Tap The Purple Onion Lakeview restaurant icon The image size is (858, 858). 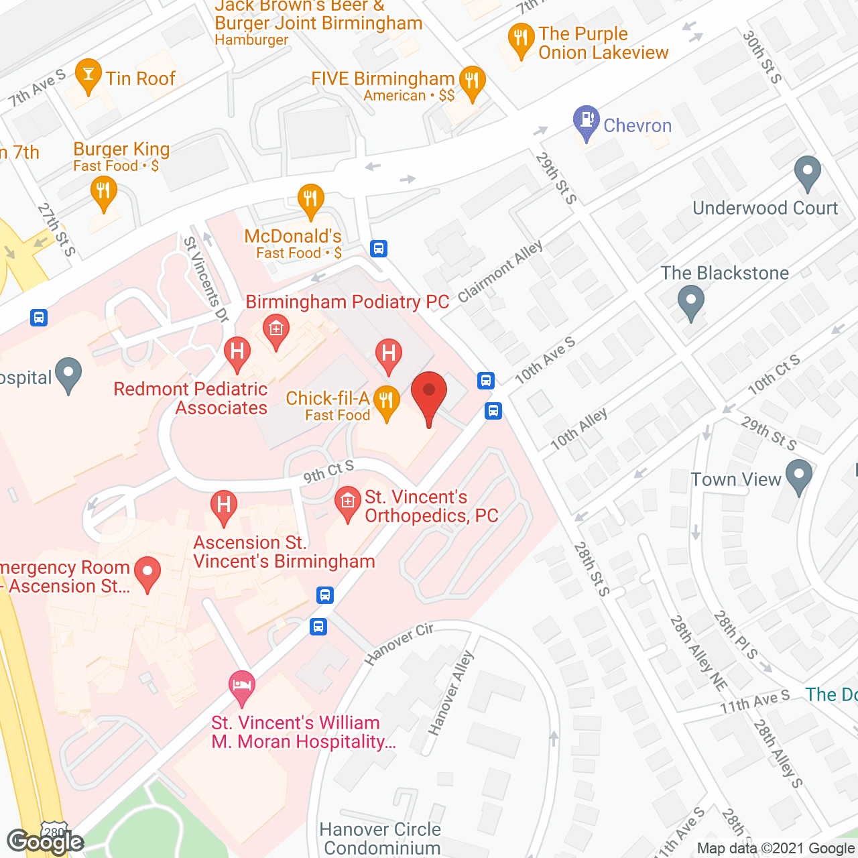pos(521,40)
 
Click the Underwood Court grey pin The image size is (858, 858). pos(807,172)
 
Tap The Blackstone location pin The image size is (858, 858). pos(690,302)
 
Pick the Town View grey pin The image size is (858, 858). pos(798,477)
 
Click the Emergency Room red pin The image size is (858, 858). pos(147,574)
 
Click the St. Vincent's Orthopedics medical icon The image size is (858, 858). pos(347,503)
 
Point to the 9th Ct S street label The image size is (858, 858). pos(328,471)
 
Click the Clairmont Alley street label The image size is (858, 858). pos(500,271)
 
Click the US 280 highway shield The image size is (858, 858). pos(54,830)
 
